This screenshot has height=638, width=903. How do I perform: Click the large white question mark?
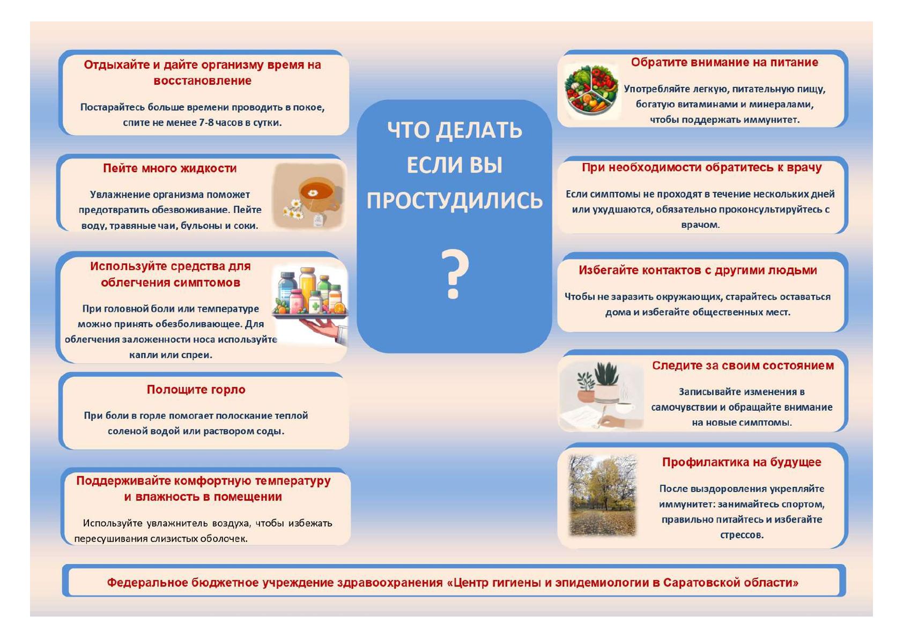tap(455, 274)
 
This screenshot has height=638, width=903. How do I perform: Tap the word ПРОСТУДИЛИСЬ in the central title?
tap(454, 201)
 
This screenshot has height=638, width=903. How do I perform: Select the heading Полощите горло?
tap(196, 390)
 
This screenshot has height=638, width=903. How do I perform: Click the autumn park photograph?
tap(603, 496)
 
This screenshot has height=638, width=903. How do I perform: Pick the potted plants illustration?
tap(602, 396)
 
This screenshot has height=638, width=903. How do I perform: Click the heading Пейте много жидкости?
tap(170, 168)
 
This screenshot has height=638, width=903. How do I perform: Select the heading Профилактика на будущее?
tap(742, 462)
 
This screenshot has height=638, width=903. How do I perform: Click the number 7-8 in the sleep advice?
tap(206, 123)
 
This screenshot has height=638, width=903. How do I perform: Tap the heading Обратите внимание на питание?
tap(724, 63)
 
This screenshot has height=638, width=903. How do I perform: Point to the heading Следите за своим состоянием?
tap(743, 366)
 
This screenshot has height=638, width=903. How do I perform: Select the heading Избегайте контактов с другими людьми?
tap(698, 270)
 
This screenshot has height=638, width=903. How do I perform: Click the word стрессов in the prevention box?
tap(742, 535)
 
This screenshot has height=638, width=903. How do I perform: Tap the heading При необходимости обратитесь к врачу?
tap(701, 168)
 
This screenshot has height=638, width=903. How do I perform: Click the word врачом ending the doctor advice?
tap(700, 225)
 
